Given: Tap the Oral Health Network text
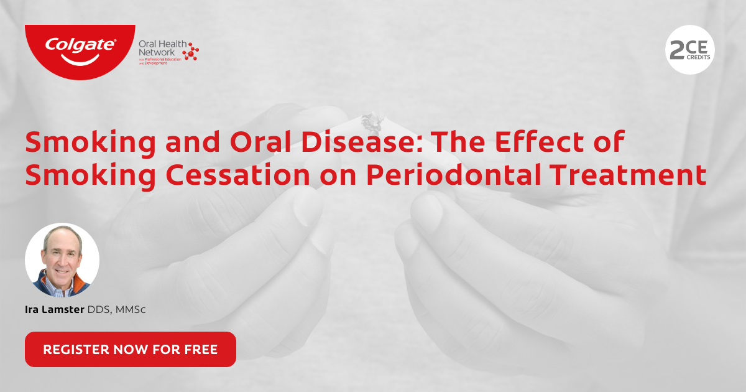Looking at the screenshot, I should point(158,48).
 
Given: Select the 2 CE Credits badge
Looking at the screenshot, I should point(689,49).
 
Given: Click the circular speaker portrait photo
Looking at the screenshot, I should point(62,259).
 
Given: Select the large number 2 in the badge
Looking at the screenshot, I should point(676,50).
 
